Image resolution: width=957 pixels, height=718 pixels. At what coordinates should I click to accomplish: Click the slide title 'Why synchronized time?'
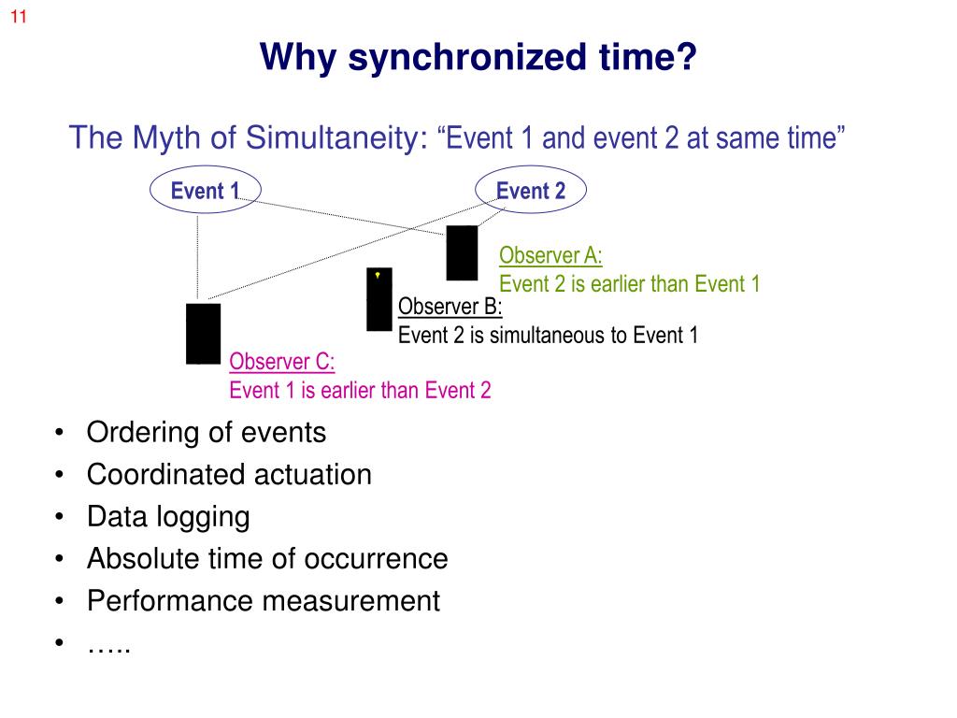pos(478,58)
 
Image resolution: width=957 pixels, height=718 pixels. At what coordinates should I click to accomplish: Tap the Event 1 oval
pos(205,192)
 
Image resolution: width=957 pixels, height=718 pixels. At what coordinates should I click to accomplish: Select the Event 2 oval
pos(531,192)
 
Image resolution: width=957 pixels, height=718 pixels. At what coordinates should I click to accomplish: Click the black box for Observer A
pos(462,252)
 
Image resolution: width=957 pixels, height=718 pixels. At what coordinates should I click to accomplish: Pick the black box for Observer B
pos(379,299)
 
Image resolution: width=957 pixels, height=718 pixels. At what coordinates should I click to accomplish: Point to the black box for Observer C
pos(204,333)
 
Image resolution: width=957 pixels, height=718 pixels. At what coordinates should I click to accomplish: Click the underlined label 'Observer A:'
pos(550,256)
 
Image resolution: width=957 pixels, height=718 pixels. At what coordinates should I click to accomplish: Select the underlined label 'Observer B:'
pos(450,308)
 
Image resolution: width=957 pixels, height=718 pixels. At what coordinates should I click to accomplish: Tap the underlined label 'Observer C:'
pos(282,363)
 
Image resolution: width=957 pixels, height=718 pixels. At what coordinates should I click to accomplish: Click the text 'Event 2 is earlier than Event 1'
pos(629,284)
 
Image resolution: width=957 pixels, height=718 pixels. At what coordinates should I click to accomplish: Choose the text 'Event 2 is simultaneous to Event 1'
pos(548,335)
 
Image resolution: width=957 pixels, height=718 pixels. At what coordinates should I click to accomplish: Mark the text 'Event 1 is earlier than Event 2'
pos(360,390)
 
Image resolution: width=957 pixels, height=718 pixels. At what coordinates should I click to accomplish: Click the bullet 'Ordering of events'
pos(207,433)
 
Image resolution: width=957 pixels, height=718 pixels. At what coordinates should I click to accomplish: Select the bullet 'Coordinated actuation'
pos(229,475)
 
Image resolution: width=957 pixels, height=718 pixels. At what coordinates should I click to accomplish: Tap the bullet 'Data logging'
pos(168,517)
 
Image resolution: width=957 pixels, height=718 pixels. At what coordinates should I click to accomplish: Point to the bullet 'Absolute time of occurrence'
pos(267,559)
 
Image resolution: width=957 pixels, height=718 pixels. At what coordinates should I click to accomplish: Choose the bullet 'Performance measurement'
pos(263,601)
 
